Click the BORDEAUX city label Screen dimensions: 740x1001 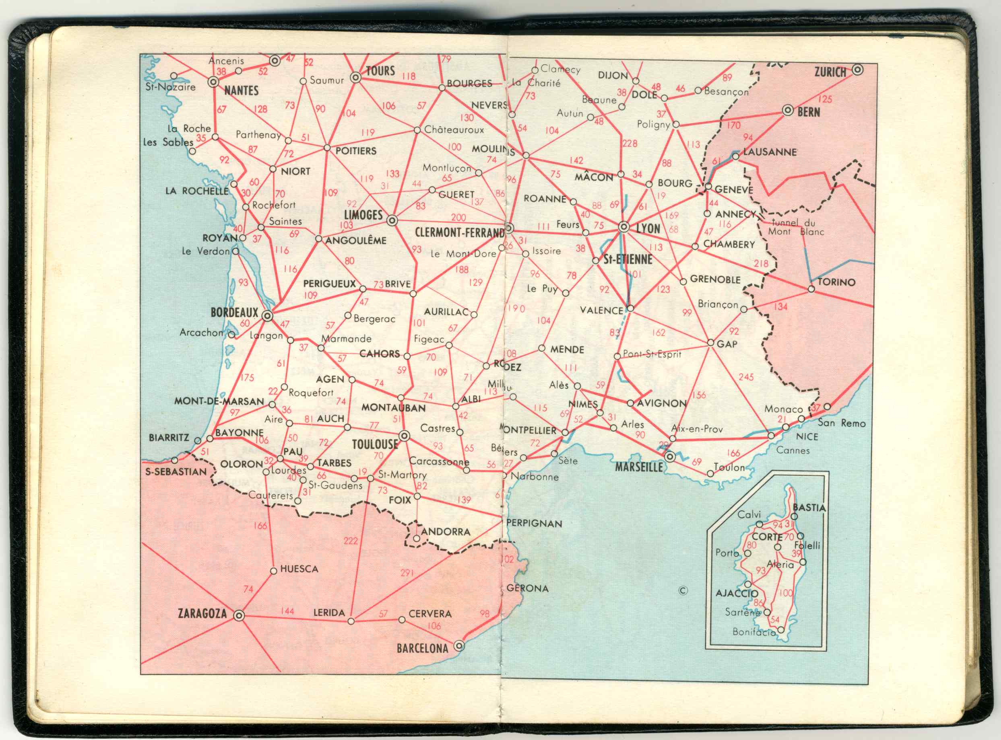click(x=234, y=312)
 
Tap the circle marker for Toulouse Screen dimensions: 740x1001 click(x=404, y=436)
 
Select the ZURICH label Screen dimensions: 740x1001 click(x=830, y=72)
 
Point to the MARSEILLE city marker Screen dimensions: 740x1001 click(x=670, y=457)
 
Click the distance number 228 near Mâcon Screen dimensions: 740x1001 click(x=629, y=143)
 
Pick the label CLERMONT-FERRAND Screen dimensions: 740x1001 click(x=459, y=232)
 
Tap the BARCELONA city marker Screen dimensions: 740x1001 click(x=458, y=646)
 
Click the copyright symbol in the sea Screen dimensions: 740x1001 click(x=683, y=590)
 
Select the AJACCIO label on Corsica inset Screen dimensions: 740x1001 click(x=737, y=594)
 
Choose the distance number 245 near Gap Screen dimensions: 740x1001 click(x=746, y=377)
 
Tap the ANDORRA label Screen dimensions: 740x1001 click(x=446, y=532)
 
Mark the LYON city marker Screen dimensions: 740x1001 click(x=623, y=227)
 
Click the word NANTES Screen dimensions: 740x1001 click(x=241, y=91)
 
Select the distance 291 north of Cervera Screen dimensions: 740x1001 click(x=407, y=572)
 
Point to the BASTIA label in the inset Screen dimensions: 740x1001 click(x=809, y=508)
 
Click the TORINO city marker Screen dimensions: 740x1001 click(x=811, y=289)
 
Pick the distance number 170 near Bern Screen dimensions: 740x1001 click(x=733, y=125)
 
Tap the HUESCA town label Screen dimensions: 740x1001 click(x=299, y=569)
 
